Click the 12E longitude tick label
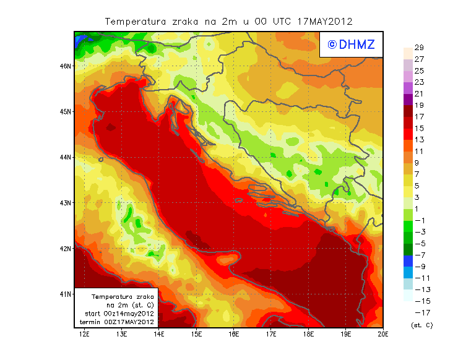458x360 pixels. click(x=84, y=334)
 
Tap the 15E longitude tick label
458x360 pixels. click(x=197, y=334)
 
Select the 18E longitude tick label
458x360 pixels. click(x=308, y=334)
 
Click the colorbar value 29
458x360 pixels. click(x=419, y=48)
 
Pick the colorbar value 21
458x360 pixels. click(x=419, y=94)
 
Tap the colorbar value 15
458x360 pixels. click(x=419, y=129)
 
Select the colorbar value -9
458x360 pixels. click(x=419, y=267)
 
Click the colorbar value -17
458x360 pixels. click(x=419, y=312)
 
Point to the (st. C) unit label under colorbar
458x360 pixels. click(x=421, y=325)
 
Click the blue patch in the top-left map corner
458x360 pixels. click(x=79, y=41)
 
